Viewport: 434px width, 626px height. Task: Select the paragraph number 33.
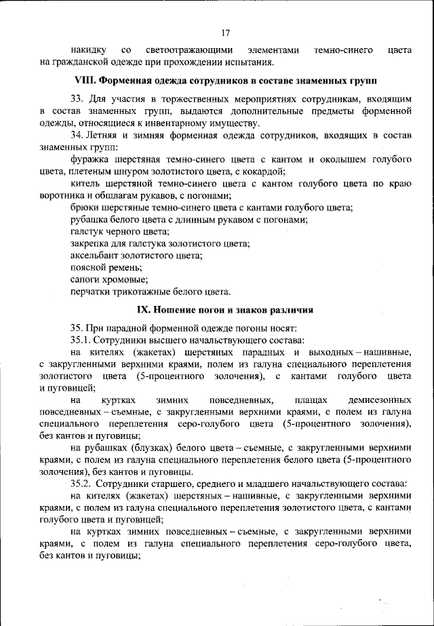click(77, 98)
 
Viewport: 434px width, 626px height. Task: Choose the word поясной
click(89, 268)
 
